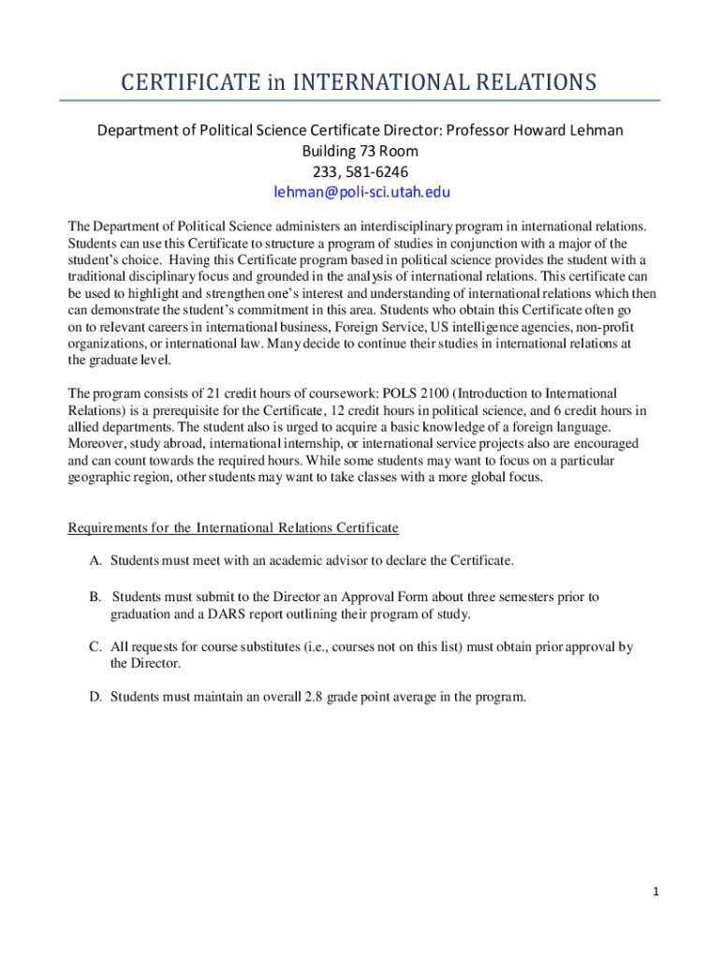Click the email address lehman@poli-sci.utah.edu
pyautogui.click(x=361, y=192)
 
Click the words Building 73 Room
pyautogui.click(x=360, y=151)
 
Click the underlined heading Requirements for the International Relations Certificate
pyautogui.click(x=233, y=528)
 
